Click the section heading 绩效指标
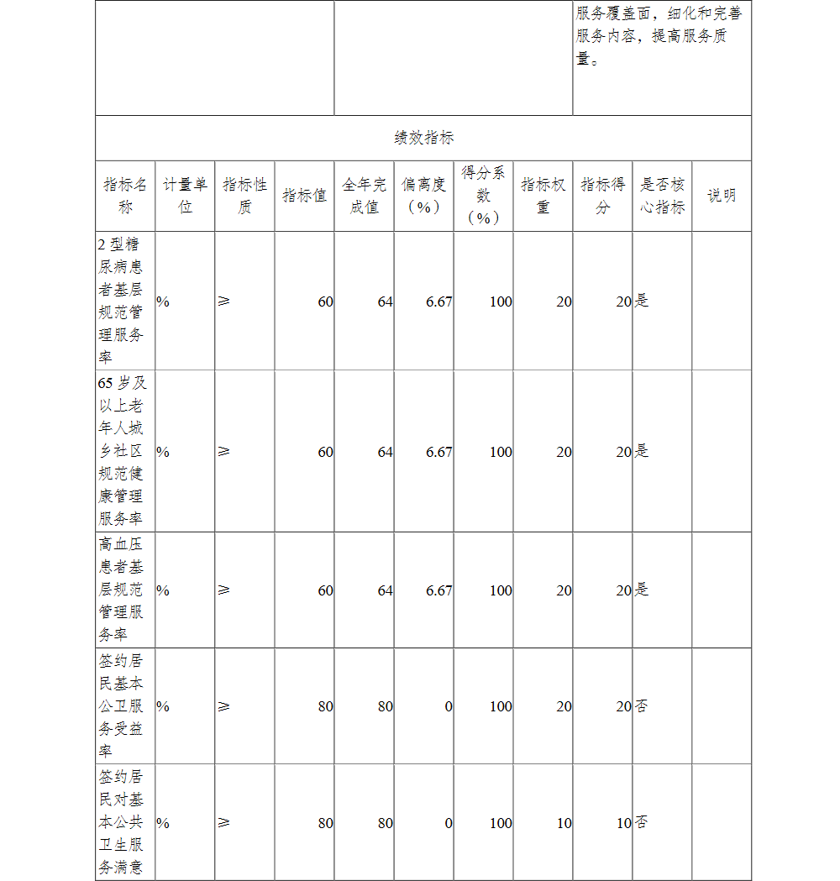pos(423,139)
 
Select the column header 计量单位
pos(185,196)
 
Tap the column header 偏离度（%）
pos(423,196)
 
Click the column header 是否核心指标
pos(662,196)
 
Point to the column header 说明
pos(722,196)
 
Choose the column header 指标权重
pos(543,196)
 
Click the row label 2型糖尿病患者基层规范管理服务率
pos(121,301)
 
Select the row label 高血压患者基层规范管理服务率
pos(121,590)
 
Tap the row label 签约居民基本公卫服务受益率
pos(121,705)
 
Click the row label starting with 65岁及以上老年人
pos(121,451)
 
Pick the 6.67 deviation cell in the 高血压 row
pos(439,590)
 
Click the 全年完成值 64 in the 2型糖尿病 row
pos(385,302)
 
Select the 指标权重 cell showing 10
pos(564,823)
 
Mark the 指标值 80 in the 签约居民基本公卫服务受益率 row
pos(325,706)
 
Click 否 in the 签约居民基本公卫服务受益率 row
pos(642,706)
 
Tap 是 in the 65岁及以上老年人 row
pos(642,451)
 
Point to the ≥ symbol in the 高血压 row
pos(223,590)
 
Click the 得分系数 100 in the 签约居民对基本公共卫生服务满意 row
pos(501,823)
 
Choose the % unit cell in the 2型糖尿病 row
pos(163,302)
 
